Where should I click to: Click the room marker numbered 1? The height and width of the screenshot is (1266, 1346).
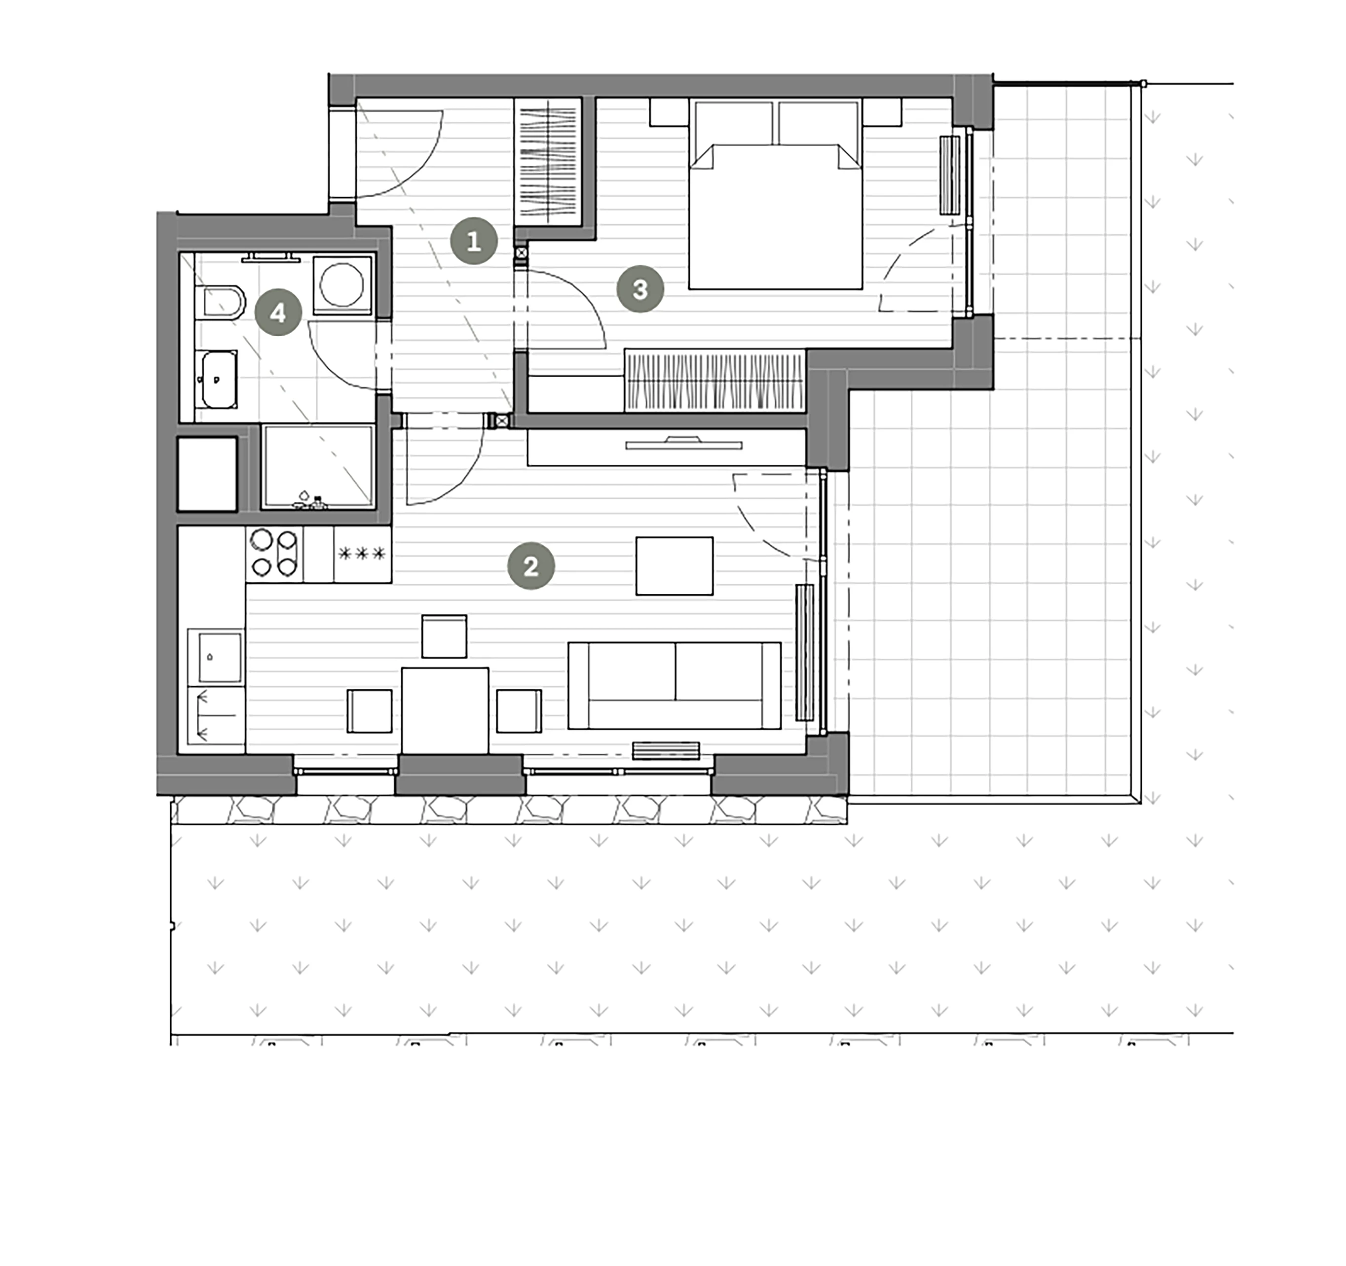(x=474, y=241)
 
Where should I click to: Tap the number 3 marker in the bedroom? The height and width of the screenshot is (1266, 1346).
(x=640, y=289)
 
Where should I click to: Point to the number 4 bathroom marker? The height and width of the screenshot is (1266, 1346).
(x=278, y=312)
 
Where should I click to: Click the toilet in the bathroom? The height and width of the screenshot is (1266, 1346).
(x=220, y=302)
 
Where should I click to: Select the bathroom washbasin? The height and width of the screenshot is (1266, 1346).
(x=217, y=380)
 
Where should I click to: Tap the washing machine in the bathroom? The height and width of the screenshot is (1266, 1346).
(x=342, y=284)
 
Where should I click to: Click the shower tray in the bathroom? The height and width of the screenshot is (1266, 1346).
(x=318, y=466)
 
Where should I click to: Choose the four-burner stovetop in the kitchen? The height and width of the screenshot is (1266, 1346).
(x=274, y=554)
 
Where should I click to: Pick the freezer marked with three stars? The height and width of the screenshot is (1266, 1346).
(x=362, y=554)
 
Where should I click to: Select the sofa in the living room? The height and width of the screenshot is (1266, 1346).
(x=674, y=685)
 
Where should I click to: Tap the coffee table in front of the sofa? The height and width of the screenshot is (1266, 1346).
(x=674, y=566)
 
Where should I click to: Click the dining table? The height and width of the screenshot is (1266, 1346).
(x=445, y=710)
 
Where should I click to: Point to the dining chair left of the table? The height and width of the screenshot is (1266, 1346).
(x=370, y=710)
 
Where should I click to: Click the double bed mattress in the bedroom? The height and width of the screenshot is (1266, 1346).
(x=775, y=216)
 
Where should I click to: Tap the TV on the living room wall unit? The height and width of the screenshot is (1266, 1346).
(x=684, y=444)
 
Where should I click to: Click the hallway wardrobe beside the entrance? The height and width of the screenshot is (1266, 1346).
(x=549, y=162)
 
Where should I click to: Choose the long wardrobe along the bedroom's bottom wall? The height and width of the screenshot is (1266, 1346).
(x=715, y=380)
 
